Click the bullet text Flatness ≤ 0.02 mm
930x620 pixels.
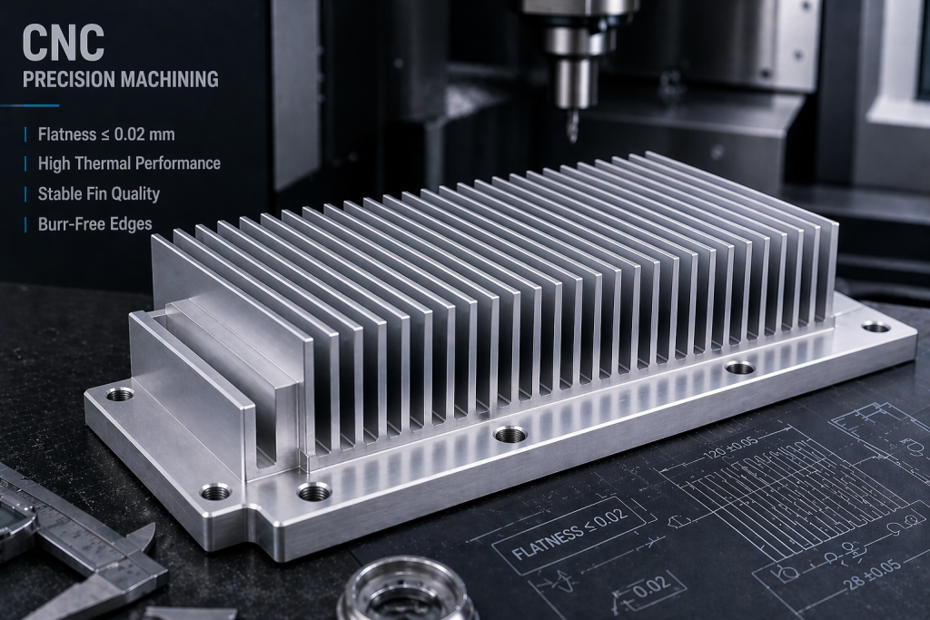[x=106, y=134]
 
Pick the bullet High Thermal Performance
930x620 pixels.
[x=128, y=163]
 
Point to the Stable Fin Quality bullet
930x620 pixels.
[x=98, y=193]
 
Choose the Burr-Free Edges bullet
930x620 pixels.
[x=94, y=223]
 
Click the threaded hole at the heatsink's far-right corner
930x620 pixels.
[x=876, y=326]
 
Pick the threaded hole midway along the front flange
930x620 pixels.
[x=510, y=434]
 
